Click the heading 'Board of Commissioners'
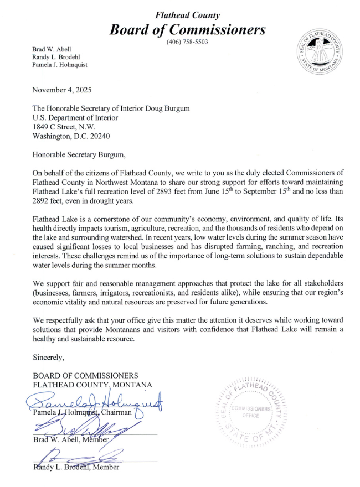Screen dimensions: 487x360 (x=187, y=29)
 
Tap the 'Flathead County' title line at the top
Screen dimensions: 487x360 (x=187, y=13)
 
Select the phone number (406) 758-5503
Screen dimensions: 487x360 (x=187, y=43)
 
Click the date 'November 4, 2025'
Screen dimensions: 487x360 (x=62, y=89)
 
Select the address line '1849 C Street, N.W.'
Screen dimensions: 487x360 (x=67, y=126)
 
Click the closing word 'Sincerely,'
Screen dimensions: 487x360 (x=49, y=357)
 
